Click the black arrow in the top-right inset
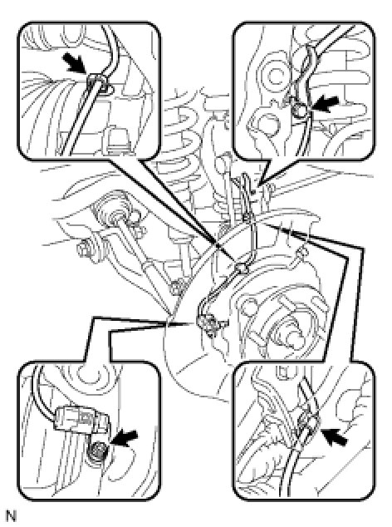click(324, 104)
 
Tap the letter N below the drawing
click(11, 516)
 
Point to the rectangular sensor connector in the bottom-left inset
click(81, 418)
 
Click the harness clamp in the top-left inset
click(97, 82)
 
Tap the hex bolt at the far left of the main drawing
click(84, 249)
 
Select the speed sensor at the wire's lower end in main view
click(208, 323)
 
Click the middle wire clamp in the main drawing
click(243, 268)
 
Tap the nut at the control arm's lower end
click(177, 288)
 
